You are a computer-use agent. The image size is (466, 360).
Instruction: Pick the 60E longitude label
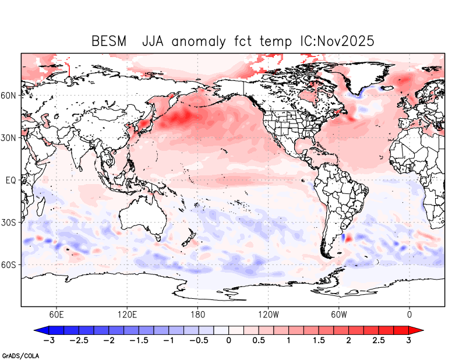[x=57, y=315]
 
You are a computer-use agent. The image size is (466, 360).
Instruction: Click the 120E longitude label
[x=127, y=315]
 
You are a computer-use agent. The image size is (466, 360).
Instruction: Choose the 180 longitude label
[x=198, y=315]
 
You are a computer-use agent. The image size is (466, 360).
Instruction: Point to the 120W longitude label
[x=268, y=315]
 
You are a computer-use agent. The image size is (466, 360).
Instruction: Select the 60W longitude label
[x=339, y=315]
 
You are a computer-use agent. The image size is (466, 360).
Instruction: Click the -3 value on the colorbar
[x=51, y=340]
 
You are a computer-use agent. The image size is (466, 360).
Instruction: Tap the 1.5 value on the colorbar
[x=319, y=340]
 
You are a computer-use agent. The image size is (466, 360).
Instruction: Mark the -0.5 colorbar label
[x=199, y=340]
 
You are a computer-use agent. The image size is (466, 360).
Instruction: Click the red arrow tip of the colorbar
[x=419, y=330]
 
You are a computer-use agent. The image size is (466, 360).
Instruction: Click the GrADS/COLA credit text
[x=20, y=355]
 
